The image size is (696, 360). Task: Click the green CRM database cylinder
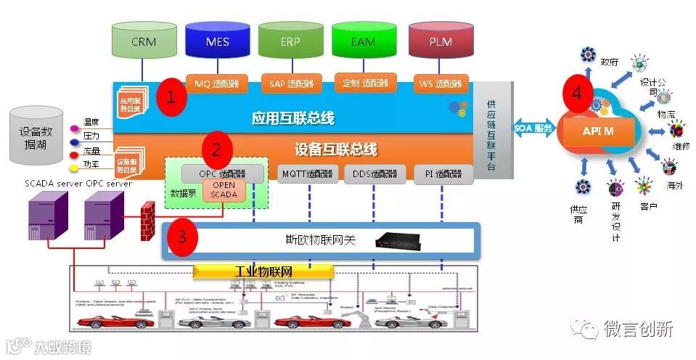pos(144,42)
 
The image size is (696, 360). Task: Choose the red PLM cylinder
pos(440,42)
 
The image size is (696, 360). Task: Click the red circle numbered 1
pos(171,97)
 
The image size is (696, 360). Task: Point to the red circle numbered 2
pos(216,150)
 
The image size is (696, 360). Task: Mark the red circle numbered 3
pos(183,237)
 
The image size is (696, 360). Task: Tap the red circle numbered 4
pos(577,94)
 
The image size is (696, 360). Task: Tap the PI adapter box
pos(443,174)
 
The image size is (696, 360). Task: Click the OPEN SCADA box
pos(224,189)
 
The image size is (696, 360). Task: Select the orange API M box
pos(599,131)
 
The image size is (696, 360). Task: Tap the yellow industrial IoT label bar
pos(263,271)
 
